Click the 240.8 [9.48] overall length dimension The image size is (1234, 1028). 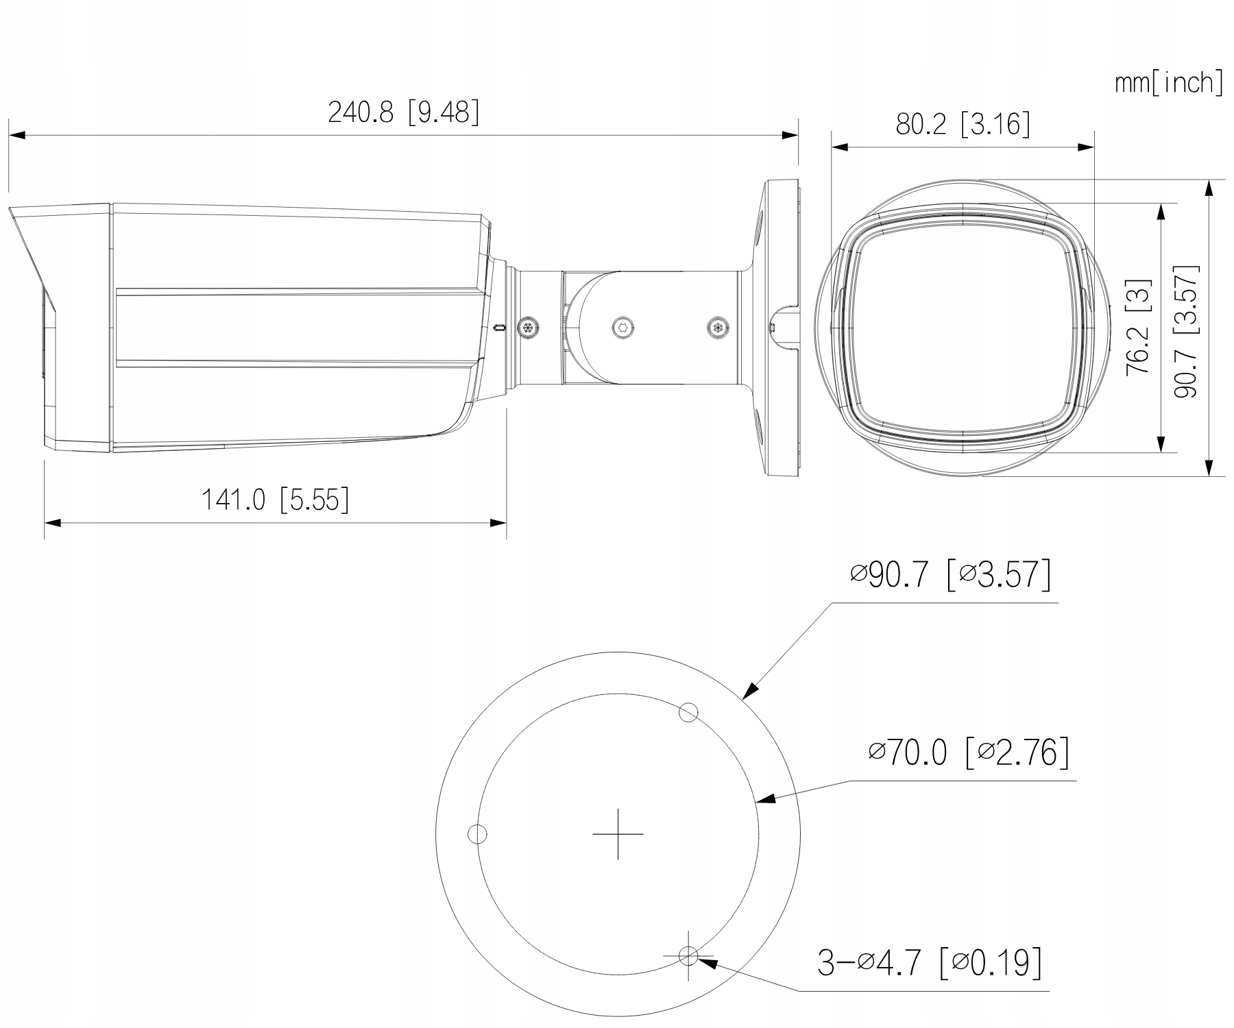403,112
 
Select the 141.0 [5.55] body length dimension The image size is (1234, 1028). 274,500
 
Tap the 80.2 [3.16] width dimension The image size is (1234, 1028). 963,125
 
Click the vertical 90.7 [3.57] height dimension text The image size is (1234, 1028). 1185,331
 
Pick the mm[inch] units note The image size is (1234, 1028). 1168,83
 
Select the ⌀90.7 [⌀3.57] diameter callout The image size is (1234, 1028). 949,574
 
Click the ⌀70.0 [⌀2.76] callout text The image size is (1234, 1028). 968,752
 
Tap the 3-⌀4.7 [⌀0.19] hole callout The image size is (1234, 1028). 930,962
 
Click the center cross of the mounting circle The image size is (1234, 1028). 618,834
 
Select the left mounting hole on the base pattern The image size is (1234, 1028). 477,834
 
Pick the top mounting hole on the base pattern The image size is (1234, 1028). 688,713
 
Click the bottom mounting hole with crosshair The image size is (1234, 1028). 688,955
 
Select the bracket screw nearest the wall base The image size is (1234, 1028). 717,328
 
